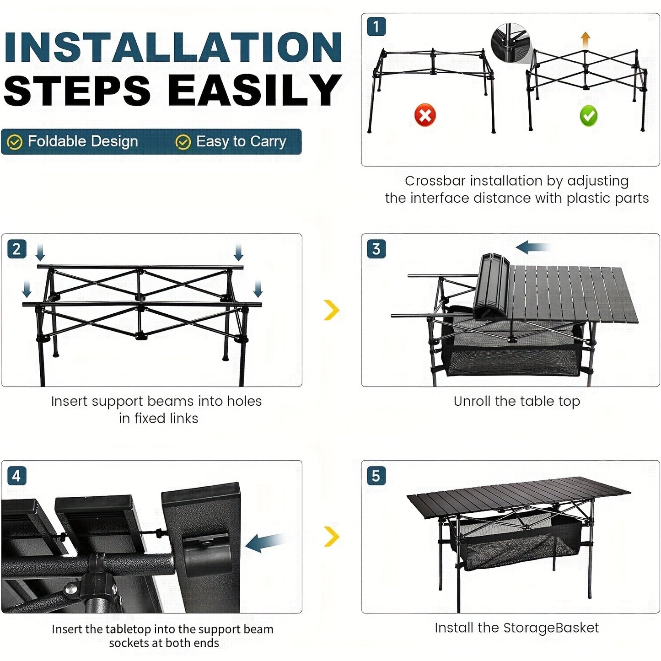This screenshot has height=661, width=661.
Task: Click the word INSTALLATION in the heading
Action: (173, 47)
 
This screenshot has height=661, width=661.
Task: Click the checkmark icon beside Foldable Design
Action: (15, 142)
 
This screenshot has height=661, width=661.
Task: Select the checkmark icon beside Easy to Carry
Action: (183, 142)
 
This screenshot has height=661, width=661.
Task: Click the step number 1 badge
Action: (376, 27)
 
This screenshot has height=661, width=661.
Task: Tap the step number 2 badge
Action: (16, 249)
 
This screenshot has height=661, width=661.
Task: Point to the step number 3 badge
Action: (376, 249)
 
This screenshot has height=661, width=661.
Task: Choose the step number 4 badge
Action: (16, 476)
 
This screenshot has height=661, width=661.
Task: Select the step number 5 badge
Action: (376, 476)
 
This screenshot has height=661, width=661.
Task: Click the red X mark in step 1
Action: (425, 115)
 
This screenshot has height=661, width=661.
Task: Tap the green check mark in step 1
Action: (588, 116)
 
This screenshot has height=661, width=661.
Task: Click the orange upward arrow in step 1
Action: (585, 39)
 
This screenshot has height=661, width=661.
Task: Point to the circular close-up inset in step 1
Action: (510, 43)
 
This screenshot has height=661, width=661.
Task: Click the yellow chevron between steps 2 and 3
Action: (332, 310)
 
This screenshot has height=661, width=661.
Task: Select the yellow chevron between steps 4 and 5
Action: (332, 536)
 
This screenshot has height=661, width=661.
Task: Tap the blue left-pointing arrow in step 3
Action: (532, 247)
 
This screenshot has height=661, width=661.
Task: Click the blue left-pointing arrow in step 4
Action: (265, 542)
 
